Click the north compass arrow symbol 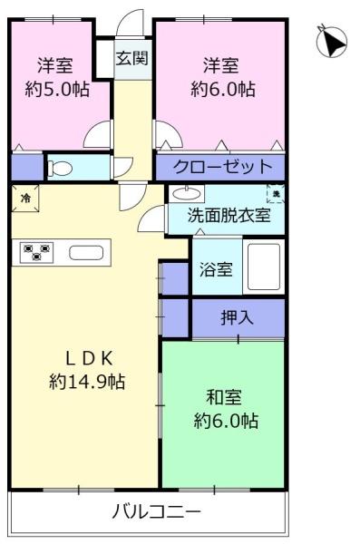pos(332,42)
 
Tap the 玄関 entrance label pos(132,58)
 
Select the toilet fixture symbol pos(61,169)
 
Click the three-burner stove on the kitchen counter pos(36,252)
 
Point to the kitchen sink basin pos(86,253)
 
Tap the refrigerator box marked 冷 pos(25,198)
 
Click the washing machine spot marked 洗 pos(276,194)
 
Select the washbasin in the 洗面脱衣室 pos(187,193)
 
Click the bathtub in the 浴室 pos(264,267)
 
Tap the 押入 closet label pos(238,317)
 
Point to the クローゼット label pos(222,167)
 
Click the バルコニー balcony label pos(157,511)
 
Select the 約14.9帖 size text pos(87,382)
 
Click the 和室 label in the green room pos(224,397)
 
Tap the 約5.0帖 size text pos(57,90)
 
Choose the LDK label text pos(90,358)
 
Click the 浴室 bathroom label pos(216,269)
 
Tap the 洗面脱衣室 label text pos(229,215)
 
